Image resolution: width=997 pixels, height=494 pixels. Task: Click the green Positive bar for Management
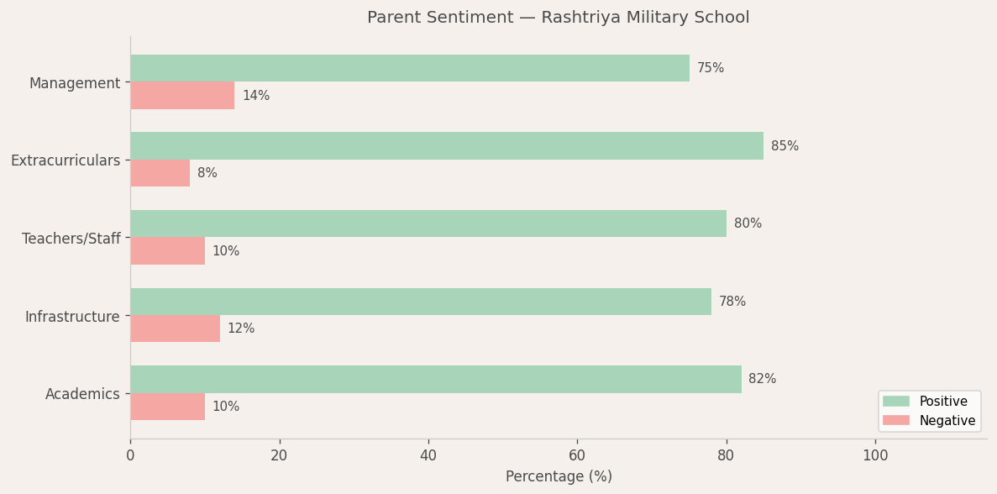[410, 68]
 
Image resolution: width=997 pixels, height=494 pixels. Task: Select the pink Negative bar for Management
[182, 96]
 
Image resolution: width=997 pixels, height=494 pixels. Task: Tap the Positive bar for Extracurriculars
[447, 146]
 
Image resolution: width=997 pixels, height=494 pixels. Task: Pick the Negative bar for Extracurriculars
[160, 173]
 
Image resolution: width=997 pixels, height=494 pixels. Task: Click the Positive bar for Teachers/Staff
[428, 223]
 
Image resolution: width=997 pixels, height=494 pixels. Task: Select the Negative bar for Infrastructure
[175, 328]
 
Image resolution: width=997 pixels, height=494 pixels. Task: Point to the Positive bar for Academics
[436, 379]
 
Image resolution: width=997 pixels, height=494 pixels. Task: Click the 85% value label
[784, 146]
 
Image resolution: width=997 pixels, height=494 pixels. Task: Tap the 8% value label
[207, 173]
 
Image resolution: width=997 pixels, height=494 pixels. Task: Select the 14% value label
[256, 96]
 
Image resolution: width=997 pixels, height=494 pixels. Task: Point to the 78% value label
[732, 302]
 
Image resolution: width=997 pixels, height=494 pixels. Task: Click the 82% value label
[762, 379]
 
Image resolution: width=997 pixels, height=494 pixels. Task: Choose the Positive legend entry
[928, 402]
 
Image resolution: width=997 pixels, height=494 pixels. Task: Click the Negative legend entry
[928, 421]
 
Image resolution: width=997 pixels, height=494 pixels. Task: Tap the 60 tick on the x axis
[577, 455]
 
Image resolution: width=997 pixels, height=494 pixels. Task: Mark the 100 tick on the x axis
[875, 455]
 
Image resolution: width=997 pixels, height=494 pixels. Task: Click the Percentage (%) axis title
[559, 476]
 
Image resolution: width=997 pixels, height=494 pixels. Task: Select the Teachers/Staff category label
[71, 239]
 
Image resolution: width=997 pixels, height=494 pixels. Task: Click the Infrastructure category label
[72, 317]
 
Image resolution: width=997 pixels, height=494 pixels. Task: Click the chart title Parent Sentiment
[558, 18]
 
